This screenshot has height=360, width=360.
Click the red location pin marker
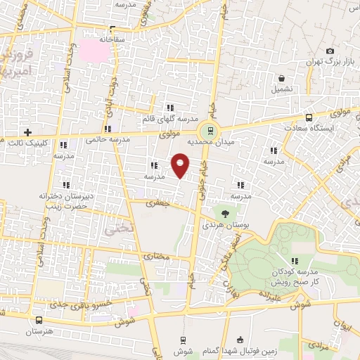(180, 165)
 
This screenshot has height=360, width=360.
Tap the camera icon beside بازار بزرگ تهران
(330, 51)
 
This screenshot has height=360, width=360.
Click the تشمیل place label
(281, 90)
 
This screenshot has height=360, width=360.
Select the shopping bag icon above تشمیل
(281, 78)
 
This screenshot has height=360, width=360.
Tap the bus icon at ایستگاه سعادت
(309, 117)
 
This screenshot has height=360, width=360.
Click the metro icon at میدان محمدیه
(208, 130)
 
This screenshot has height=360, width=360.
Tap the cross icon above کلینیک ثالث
(27, 131)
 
